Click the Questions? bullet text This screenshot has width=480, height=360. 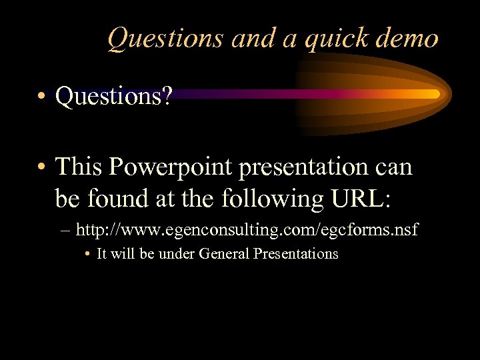pos(113,97)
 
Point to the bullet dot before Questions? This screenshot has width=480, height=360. pos(42,97)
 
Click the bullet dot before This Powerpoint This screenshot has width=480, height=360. pos(42,167)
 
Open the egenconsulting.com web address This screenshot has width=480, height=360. pos(247,231)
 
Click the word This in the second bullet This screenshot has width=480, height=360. pos(79,166)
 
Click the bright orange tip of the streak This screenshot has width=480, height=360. pos(433,94)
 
